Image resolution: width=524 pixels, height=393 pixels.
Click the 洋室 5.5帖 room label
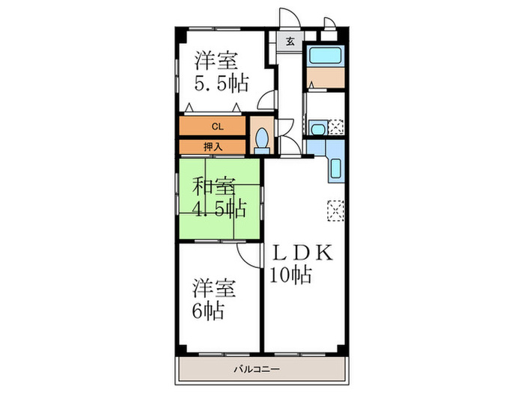pos(221,70)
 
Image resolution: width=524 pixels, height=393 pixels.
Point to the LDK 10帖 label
pos(302,263)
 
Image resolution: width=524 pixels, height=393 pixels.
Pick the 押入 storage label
pos(213,147)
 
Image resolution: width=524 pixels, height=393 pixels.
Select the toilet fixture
pos(261,140)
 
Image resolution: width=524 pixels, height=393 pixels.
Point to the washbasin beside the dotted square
pos(317,128)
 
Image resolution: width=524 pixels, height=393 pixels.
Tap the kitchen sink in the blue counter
pos(335,169)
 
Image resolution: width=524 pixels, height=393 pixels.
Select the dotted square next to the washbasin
pos(336,127)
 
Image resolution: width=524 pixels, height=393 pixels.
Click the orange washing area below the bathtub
pos(325,78)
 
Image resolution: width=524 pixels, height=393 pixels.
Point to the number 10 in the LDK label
pos(278,275)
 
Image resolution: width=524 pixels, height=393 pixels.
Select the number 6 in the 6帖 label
pos(197,311)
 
